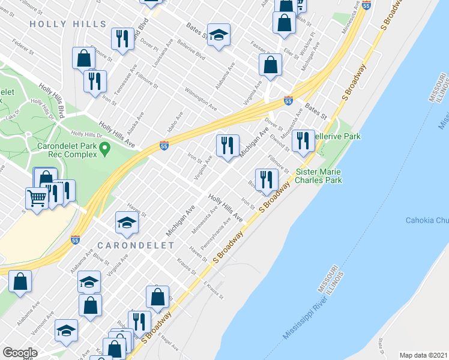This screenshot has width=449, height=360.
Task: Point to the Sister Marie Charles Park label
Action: pos(319,175)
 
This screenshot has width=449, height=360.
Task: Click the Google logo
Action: pos(20,353)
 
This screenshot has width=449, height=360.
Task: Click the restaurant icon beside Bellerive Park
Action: pos(303,142)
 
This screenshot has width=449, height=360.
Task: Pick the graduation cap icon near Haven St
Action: pos(127,223)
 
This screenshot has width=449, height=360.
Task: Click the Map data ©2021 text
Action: pos(423,355)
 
